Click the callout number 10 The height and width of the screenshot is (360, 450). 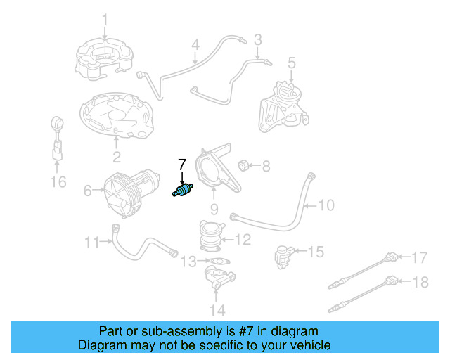point(326,205)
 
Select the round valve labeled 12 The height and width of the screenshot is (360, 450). point(210,235)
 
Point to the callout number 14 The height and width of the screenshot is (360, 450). point(217,309)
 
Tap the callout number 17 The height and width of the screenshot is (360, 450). point(419,257)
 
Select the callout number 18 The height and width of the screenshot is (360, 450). point(419,283)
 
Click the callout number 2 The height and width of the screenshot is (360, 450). point(117,157)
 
